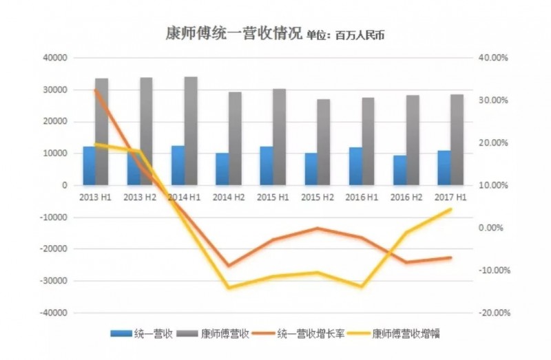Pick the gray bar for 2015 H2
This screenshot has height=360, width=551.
coord(323,142)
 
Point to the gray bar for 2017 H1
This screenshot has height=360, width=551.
coord(457,140)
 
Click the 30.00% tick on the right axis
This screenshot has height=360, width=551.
coord(492,100)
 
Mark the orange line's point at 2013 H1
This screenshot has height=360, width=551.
coord(96,90)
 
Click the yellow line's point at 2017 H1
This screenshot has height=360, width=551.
coord(450,209)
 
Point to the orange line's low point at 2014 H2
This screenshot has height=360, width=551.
coord(229,266)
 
